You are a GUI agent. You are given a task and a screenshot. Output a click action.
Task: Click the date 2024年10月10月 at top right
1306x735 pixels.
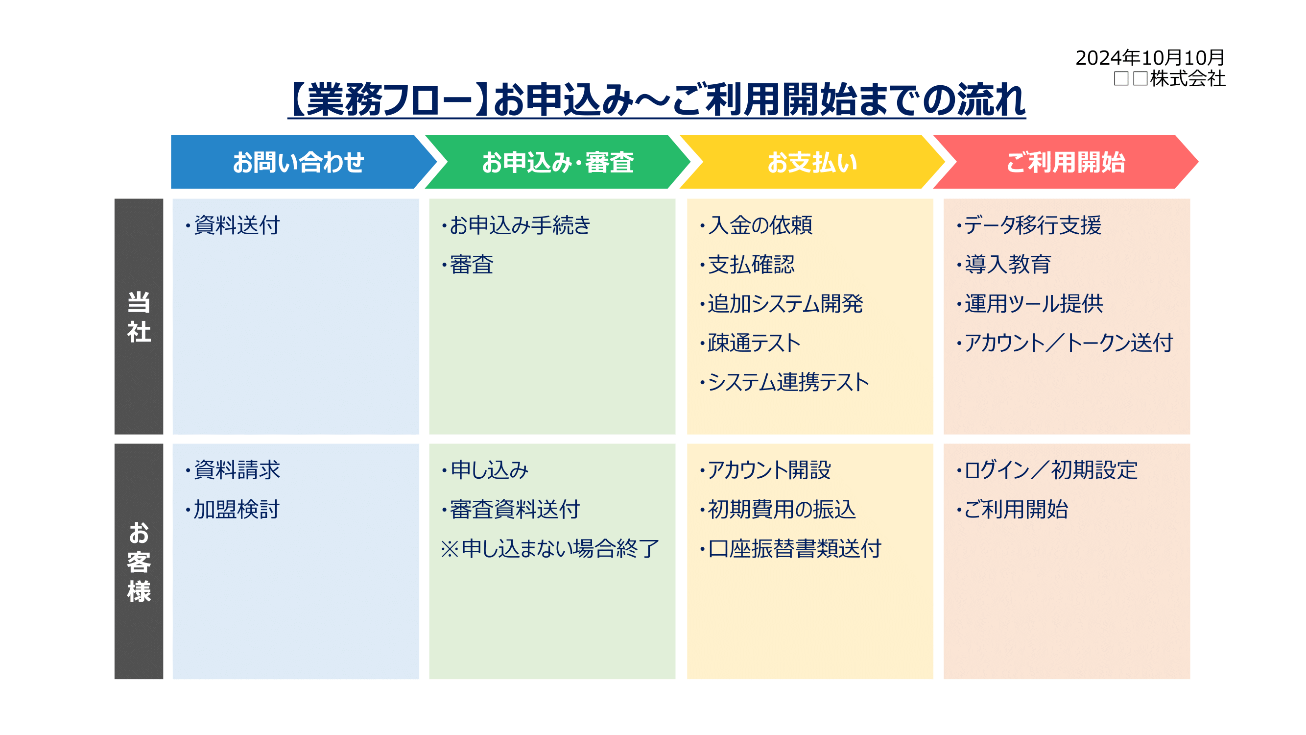[x=1149, y=58]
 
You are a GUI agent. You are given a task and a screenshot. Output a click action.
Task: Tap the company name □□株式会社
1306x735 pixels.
[x=1169, y=78]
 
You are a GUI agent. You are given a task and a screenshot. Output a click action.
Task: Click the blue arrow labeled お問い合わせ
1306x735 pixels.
[x=298, y=162]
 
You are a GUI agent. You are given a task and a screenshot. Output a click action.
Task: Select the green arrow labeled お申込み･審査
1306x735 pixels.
[x=557, y=162]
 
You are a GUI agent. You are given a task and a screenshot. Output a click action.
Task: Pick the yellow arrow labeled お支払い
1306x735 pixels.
[x=812, y=162]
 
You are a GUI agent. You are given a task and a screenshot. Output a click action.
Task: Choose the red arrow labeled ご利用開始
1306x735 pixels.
[x=1065, y=162]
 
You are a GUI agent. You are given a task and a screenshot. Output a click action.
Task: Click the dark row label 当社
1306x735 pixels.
[x=139, y=317]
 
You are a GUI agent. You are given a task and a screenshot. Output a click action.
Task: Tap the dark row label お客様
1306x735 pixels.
[x=139, y=562]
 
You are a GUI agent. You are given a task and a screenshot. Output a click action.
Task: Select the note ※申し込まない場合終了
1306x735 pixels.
[x=549, y=549]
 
